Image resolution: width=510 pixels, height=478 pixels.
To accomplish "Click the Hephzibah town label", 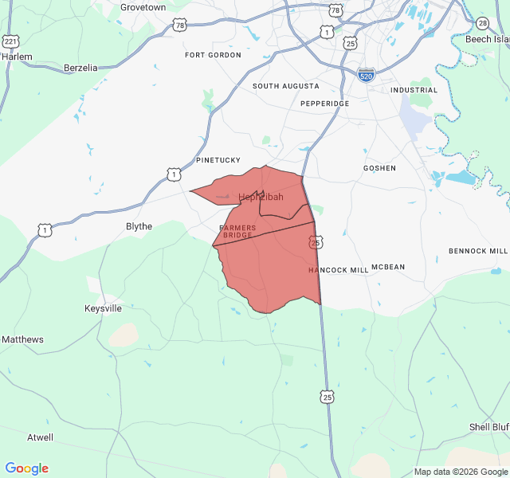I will click(261, 197).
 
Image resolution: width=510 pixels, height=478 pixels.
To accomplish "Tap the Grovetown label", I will click(143, 7).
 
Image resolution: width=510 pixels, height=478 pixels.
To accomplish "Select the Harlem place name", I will click(17, 57).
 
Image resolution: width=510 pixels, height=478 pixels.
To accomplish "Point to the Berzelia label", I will click(80, 68).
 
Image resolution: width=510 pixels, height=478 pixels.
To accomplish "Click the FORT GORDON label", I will click(213, 55).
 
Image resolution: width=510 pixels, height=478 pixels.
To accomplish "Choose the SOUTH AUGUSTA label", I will click(286, 86).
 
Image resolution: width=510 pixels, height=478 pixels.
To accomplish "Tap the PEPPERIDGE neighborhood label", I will click(324, 104).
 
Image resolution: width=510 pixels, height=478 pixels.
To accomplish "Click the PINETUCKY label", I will click(218, 160).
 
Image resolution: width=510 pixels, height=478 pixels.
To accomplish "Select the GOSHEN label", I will click(379, 168).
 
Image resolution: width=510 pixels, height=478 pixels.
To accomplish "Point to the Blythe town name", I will click(139, 226).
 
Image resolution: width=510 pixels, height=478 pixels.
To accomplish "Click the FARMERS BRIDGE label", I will click(237, 232).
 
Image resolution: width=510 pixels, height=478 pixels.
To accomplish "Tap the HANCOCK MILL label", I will click(339, 270).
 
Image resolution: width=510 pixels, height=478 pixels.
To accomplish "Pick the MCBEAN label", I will click(388, 268).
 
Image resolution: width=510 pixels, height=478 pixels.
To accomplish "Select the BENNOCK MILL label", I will click(477, 251).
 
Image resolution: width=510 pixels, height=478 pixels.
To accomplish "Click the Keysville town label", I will click(104, 308).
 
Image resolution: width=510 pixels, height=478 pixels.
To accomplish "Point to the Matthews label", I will click(22, 339).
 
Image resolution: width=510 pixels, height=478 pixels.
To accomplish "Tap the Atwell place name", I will click(41, 437).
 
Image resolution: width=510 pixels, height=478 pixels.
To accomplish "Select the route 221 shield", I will click(10, 41).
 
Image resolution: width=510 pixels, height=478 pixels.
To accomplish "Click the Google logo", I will click(26, 468).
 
